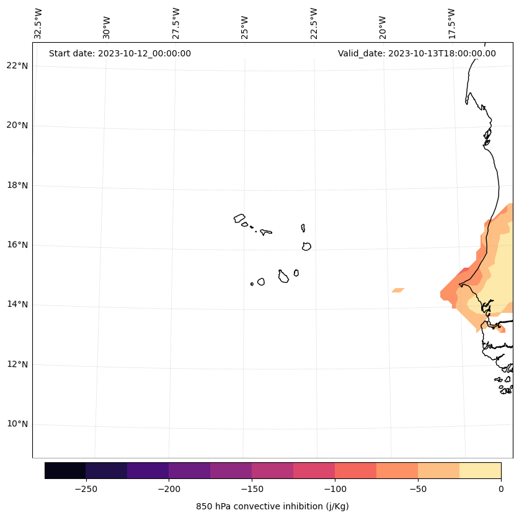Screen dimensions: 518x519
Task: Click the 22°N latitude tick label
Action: pos(17,66)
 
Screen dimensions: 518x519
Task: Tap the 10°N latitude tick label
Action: pos(17,424)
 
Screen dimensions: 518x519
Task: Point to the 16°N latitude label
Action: pos(17,245)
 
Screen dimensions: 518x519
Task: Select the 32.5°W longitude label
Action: pos(38,24)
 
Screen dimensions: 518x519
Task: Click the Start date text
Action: pos(120,53)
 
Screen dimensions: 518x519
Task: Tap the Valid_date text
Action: pos(417,53)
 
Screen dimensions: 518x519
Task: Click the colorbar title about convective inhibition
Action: pos(272,506)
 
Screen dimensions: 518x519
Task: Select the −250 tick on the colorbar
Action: pos(86,489)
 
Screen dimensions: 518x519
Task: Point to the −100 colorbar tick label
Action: pos(335,489)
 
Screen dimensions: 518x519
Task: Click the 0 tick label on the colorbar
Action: pos(501,489)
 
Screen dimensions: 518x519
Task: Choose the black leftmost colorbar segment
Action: pos(65,470)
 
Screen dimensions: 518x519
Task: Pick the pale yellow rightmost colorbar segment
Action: pos(480,470)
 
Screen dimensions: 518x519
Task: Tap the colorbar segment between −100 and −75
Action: pos(355,470)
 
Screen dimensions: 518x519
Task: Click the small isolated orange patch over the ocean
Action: pos(397,290)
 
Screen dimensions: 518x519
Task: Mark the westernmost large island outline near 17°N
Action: pos(239,218)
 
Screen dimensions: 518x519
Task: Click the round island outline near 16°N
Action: pos(306,246)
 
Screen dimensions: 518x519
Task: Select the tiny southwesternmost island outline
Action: pos(252,284)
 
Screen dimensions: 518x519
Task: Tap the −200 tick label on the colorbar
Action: pos(169,489)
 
